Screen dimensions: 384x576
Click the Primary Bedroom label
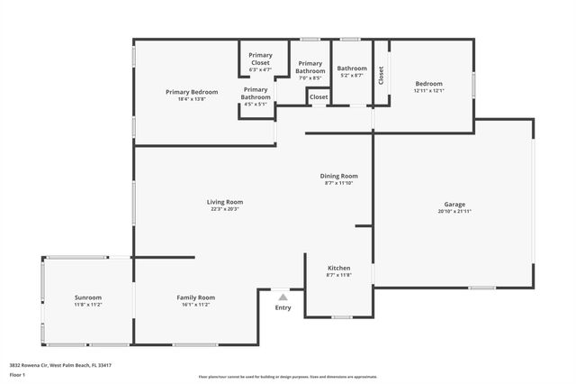coord(192,92)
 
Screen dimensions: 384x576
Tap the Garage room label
coord(454,205)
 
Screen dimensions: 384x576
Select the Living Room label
coord(225,202)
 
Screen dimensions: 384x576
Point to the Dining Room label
coord(339,176)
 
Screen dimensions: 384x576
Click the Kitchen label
coord(338,269)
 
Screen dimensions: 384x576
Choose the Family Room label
coord(195,297)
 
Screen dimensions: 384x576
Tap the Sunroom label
coord(88,297)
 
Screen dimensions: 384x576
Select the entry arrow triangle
coord(283,297)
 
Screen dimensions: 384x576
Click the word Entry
coord(283,308)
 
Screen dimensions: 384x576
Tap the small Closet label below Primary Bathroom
coord(319,96)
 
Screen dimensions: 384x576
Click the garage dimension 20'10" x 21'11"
coord(454,211)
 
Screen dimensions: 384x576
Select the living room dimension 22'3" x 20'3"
coord(225,208)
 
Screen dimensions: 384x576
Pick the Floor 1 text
coord(16,372)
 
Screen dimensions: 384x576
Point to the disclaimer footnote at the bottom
coord(288,377)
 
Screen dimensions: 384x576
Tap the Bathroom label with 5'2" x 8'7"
coord(352,69)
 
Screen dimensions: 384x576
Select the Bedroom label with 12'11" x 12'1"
coord(428,84)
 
